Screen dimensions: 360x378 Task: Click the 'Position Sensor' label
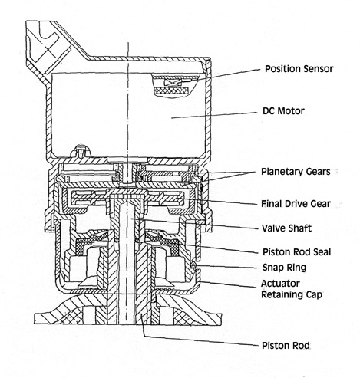[299, 69]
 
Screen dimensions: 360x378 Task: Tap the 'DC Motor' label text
[283, 111]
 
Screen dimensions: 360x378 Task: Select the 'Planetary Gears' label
[296, 172]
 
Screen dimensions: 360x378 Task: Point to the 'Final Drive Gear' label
[296, 204]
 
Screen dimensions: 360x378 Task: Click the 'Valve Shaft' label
[286, 228]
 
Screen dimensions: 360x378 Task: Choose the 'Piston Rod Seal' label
[297, 252]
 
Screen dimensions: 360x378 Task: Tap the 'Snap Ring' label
[284, 268]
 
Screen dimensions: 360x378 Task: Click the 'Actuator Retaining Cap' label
[291, 289]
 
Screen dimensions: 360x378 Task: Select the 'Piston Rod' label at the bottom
[286, 346]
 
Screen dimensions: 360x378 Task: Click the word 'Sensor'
[317, 69]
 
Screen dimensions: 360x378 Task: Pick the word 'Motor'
[291, 111]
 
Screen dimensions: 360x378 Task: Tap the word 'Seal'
[320, 252]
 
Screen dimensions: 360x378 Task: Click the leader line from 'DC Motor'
[214, 115]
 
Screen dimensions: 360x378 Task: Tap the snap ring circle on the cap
[194, 266]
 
